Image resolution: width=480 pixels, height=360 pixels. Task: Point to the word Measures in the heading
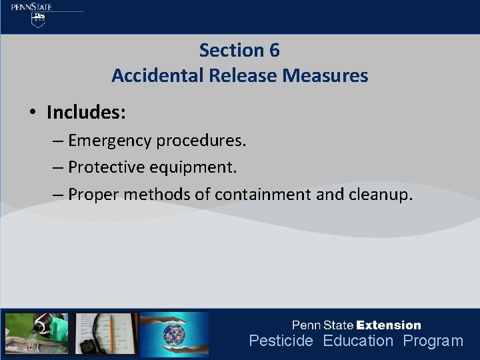pyautogui.click(x=325, y=75)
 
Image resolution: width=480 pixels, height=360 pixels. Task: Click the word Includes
pyautogui.click(x=86, y=112)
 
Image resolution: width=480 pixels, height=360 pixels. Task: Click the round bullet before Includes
pyautogui.click(x=32, y=112)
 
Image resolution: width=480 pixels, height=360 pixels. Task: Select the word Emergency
pyautogui.click(x=109, y=141)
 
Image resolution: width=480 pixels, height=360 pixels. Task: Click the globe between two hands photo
pyautogui.click(x=174, y=333)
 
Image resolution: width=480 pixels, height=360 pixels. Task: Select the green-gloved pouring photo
pyautogui.click(x=37, y=333)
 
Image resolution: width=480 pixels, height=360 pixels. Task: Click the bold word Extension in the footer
pyautogui.click(x=389, y=325)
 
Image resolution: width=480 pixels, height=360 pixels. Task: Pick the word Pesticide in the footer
pyautogui.click(x=281, y=341)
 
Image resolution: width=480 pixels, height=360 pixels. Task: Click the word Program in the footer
pyautogui.click(x=433, y=341)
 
